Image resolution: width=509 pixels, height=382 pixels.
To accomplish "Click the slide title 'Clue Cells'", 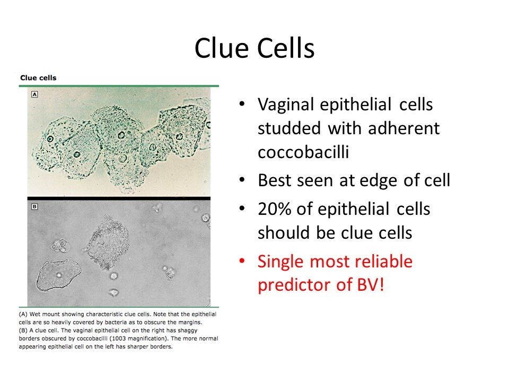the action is [x=254, y=48].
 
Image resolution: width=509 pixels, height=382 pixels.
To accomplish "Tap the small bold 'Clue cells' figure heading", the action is [x=38, y=77].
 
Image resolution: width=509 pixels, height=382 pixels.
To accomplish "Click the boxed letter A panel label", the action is [x=34, y=94].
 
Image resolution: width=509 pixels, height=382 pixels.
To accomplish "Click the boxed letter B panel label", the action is [x=34, y=206].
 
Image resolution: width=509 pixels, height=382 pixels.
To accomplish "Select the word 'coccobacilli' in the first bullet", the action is [x=303, y=152].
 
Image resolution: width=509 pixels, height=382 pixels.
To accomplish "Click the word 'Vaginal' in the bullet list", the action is [x=286, y=105].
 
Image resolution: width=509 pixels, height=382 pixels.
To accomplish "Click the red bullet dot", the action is [x=242, y=261].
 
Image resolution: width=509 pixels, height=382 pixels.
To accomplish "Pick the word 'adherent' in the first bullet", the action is [x=403, y=128].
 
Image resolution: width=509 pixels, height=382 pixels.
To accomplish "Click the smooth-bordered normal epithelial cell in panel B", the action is [x=58, y=275].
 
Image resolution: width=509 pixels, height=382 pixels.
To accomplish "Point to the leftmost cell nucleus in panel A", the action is [x=50, y=139].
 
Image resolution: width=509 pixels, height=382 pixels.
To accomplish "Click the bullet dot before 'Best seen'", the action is [x=242, y=180].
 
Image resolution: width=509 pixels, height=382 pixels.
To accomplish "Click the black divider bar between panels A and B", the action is [x=119, y=198].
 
